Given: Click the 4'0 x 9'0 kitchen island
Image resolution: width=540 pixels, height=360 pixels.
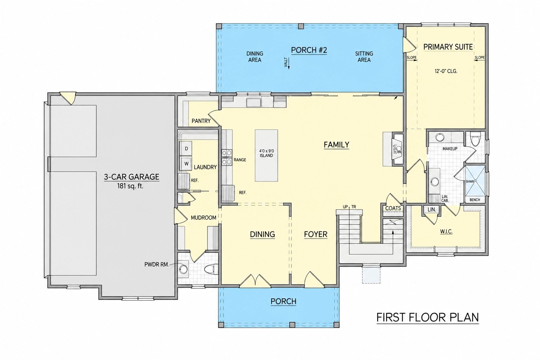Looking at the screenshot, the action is [266, 155].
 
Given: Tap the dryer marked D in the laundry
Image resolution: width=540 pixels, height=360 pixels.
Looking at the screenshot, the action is [186, 148].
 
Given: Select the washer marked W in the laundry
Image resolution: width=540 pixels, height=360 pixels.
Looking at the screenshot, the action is [186, 163].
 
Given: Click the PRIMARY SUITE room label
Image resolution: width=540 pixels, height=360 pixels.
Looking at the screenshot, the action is [448, 47].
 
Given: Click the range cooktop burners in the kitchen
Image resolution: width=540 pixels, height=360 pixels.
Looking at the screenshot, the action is [227, 157].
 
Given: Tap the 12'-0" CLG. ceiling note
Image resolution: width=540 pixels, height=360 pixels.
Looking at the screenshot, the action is [446, 71].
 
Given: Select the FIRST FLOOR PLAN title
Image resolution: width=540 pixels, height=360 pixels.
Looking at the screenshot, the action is [427, 317].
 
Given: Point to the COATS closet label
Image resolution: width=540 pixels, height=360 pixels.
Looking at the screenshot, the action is [393, 208].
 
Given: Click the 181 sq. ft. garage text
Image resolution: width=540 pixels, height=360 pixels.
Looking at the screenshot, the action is [130, 186].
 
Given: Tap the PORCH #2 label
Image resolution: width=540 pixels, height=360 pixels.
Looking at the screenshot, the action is [309, 50].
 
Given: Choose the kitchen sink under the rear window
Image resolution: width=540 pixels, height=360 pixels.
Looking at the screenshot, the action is [253, 102].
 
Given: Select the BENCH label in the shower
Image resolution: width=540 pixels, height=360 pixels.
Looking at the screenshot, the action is [475, 200].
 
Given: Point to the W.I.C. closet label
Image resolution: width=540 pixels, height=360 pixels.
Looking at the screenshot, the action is [446, 232].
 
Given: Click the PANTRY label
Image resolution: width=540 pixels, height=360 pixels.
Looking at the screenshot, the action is [201, 121].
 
